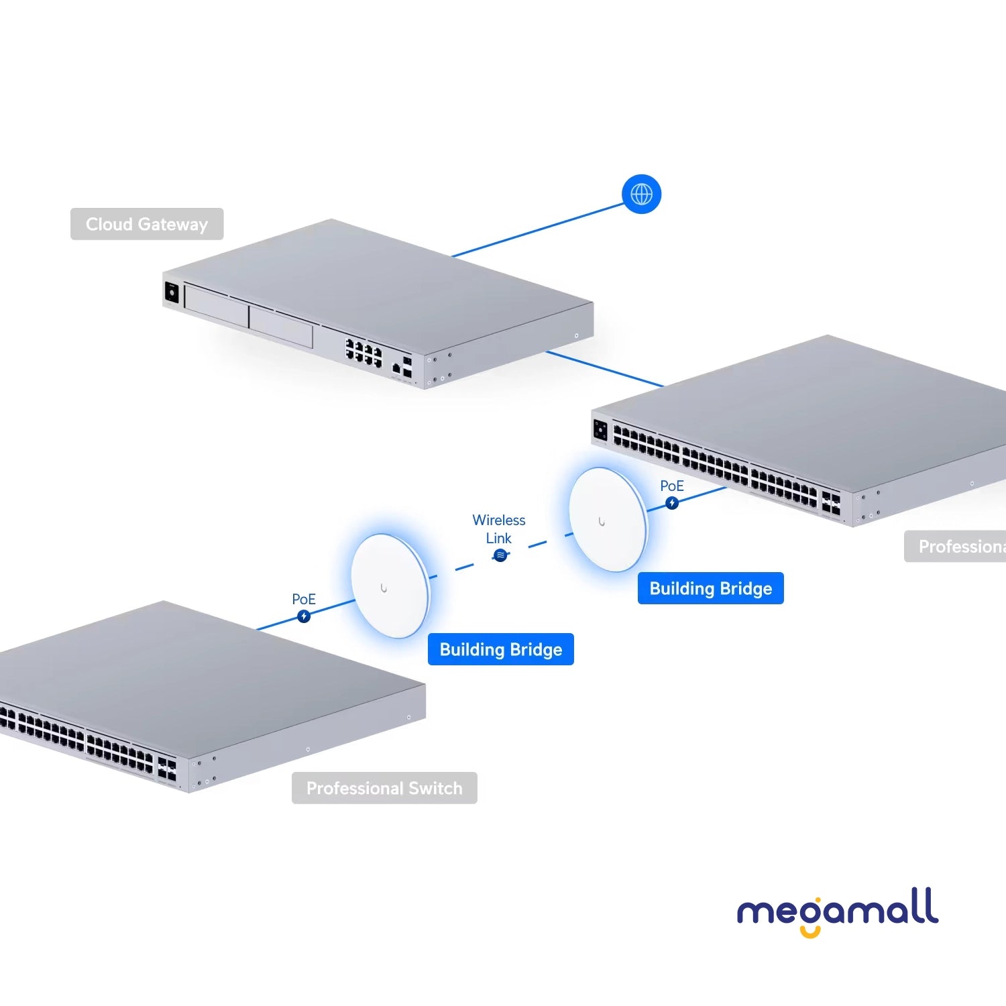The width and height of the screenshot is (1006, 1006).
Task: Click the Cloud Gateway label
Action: [x=147, y=224]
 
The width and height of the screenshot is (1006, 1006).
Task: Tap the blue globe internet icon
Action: [x=641, y=194]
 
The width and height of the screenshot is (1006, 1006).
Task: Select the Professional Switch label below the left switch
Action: [x=384, y=788]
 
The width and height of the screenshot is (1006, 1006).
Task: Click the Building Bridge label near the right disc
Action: [x=710, y=588]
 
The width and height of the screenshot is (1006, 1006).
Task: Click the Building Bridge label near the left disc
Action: [x=500, y=649]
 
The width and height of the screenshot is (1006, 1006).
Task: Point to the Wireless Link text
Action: [x=498, y=528]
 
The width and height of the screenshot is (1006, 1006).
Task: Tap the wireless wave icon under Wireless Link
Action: [x=500, y=555]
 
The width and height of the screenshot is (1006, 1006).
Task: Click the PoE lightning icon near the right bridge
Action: [x=672, y=503]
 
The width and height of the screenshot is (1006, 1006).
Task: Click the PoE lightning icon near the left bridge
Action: [x=304, y=616]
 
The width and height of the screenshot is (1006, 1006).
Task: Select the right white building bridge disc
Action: [x=608, y=520]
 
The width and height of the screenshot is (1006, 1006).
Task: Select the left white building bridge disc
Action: [x=390, y=586]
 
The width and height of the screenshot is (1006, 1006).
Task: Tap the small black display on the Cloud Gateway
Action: [x=172, y=293]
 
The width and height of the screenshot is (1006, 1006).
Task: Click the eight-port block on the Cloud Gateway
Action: [x=364, y=353]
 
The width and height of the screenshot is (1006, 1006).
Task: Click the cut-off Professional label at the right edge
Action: [x=959, y=547]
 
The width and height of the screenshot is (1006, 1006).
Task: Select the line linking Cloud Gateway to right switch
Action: [x=604, y=369]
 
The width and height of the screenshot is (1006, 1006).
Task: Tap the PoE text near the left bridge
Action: [x=304, y=599]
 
